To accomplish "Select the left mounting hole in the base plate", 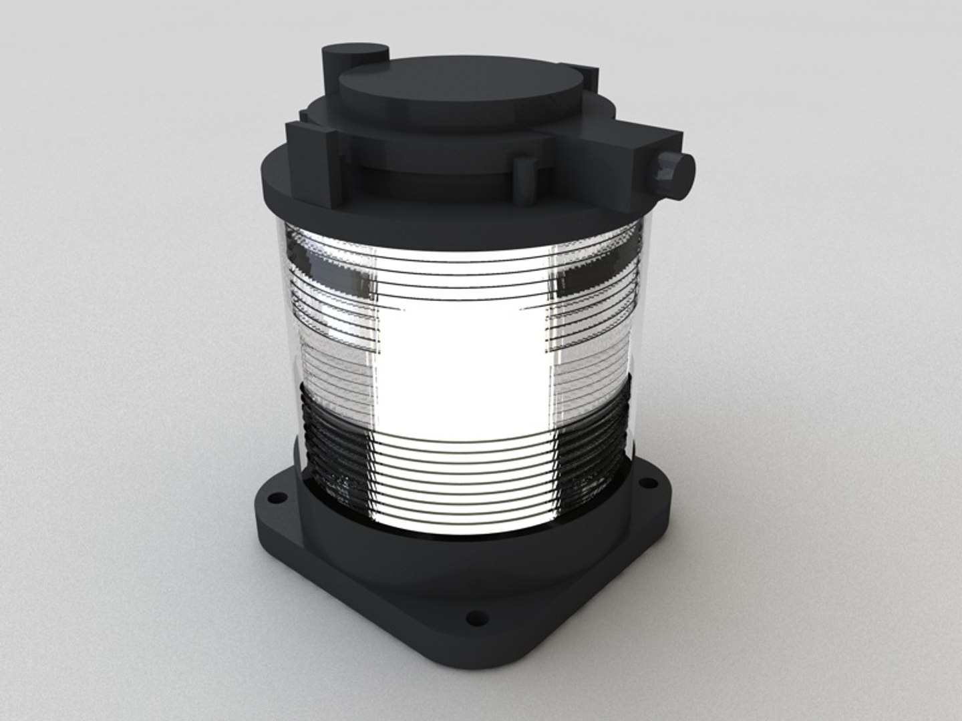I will pyautogui.click(x=272, y=498).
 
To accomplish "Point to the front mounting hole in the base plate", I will pyautogui.click(x=476, y=618).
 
